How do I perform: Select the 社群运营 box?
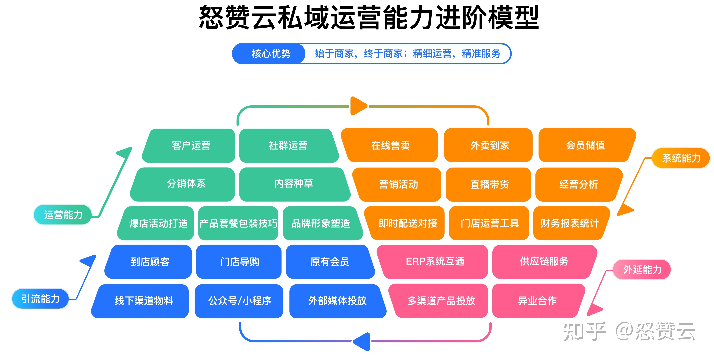[x=288, y=145]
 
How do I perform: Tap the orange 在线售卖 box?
[x=390, y=145]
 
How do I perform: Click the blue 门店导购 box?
[x=239, y=262]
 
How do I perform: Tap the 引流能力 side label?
[x=41, y=299]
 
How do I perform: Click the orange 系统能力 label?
[x=681, y=158]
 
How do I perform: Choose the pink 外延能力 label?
[x=642, y=269]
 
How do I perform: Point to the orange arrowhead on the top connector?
[x=358, y=106]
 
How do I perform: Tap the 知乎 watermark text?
[x=584, y=331]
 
